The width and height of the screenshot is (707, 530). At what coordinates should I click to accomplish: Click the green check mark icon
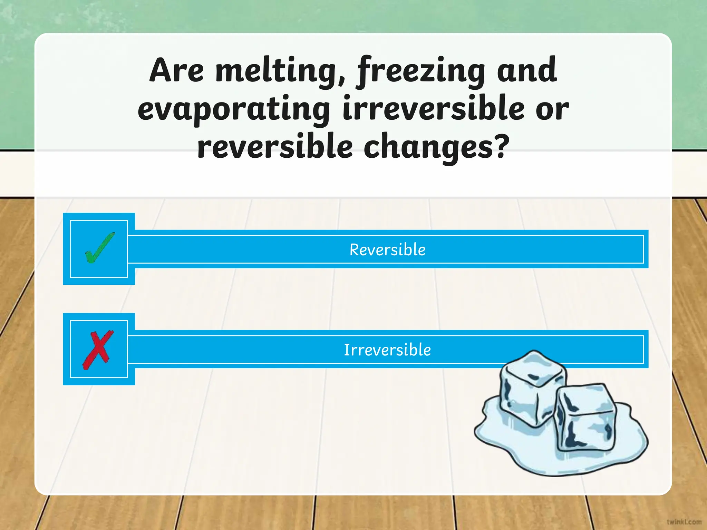pyautogui.click(x=99, y=248)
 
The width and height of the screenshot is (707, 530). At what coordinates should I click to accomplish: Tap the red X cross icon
pyautogui.click(x=98, y=350)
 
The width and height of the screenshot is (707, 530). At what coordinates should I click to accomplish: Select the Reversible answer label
pyautogui.click(x=387, y=250)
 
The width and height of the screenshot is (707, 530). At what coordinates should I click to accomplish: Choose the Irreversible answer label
pyautogui.click(x=387, y=350)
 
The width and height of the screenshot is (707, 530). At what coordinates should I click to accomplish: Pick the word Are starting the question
pyautogui.click(x=176, y=71)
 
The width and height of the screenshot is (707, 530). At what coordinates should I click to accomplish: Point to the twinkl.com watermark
pyautogui.click(x=684, y=522)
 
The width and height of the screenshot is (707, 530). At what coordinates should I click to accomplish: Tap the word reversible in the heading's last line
pyautogui.click(x=275, y=147)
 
